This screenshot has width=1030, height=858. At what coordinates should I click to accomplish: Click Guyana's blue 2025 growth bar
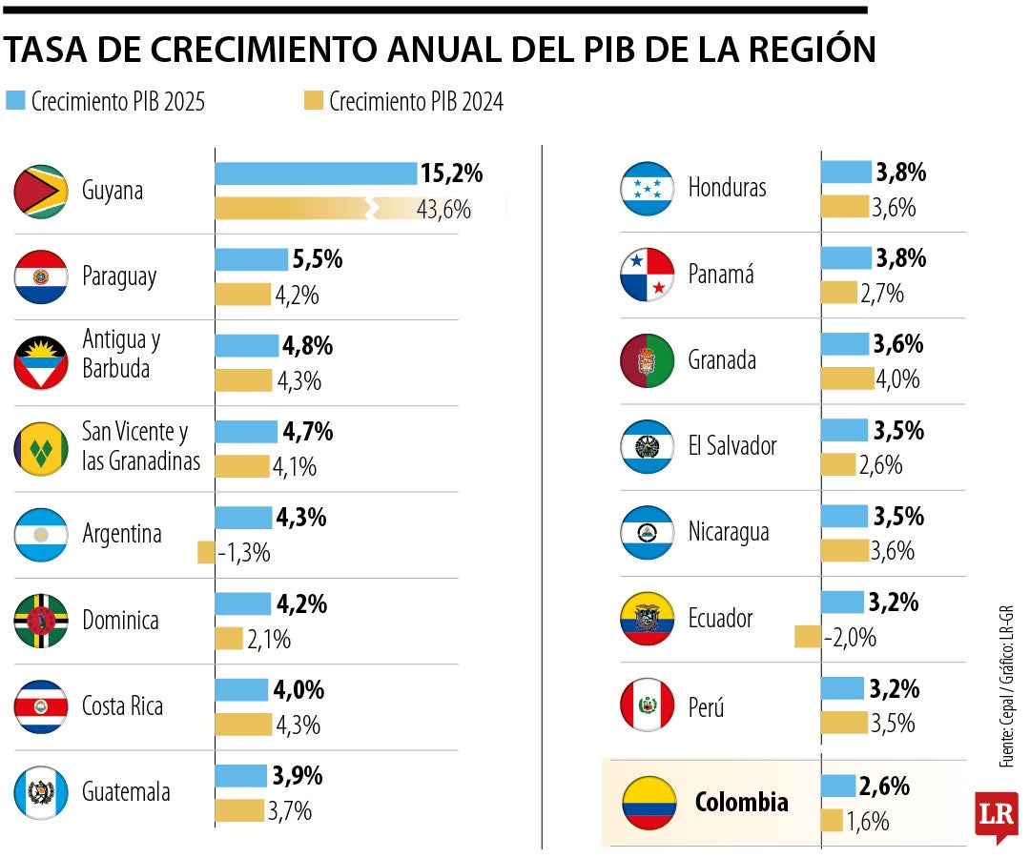click(316, 174)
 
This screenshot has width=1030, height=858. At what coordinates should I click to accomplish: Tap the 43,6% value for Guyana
click(443, 210)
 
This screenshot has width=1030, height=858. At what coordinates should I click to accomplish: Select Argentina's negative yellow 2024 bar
click(206, 552)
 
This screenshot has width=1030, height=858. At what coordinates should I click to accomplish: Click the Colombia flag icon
click(649, 802)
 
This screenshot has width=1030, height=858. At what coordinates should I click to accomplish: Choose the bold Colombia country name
click(741, 802)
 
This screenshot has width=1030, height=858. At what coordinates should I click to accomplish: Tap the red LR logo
click(996, 815)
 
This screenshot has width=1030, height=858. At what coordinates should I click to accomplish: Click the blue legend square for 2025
click(15, 100)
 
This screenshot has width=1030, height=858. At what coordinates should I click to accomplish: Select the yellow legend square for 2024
click(313, 100)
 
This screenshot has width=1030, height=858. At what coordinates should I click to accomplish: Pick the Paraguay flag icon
click(40, 277)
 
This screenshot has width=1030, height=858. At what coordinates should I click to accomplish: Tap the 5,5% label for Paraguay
click(318, 259)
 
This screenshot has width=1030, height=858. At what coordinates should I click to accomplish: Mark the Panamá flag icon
click(649, 275)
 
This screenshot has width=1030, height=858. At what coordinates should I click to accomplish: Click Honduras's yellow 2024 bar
click(845, 207)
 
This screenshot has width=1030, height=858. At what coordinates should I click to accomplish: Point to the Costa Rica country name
click(122, 706)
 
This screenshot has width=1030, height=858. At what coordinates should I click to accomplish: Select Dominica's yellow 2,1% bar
click(229, 639)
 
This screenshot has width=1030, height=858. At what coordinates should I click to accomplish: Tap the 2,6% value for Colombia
click(884, 786)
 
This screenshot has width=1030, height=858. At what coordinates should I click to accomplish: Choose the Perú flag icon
click(649, 706)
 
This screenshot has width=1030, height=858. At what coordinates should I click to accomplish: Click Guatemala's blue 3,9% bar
click(241, 776)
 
